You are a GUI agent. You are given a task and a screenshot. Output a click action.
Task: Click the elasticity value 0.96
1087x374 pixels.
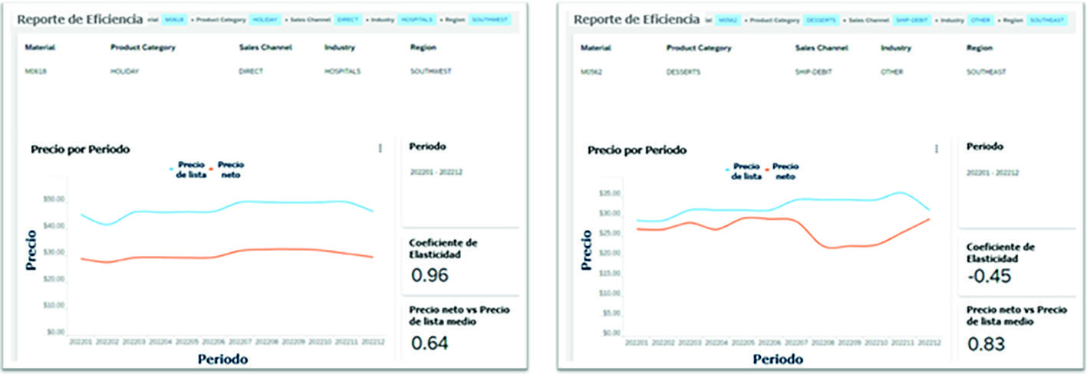pyautogui.click(x=430, y=275)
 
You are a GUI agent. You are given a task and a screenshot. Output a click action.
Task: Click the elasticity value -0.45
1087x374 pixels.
pyautogui.click(x=989, y=275)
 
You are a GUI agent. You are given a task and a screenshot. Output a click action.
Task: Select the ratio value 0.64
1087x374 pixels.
pyautogui.click(x=430, y=343)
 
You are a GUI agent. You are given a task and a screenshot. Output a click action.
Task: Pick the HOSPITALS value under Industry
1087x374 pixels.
pyautogui.click(x=342, y=72)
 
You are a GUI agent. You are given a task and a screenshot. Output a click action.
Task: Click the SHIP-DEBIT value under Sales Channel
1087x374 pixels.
pyautogui.click(x=812, y=72)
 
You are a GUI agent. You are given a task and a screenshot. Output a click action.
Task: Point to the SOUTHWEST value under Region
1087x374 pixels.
pyautogui.click(x=431, y=72)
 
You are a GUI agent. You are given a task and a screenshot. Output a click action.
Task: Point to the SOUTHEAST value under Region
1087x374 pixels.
pyautogui.click(x=987, y=72)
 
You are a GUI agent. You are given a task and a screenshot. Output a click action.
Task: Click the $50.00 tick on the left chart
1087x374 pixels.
pyautogui.click(x=54, y=199)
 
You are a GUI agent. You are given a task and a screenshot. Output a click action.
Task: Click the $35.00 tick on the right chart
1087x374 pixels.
pyautogui.click(x=611, y=193)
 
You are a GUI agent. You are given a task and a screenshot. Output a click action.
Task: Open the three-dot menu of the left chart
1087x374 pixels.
pyautogui.click(x=380, y=149)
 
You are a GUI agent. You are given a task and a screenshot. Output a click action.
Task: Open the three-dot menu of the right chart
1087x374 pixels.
pyautogui.click(x=937, y=149)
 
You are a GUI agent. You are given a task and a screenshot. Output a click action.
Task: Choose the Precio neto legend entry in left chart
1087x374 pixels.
pyautogui.click(x=231, y=169)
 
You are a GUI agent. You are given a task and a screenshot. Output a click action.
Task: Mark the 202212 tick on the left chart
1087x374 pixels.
pyautogui.click(x=373, y=343)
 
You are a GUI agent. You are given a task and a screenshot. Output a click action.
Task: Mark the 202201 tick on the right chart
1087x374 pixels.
pyautogui.click(x=638, y=343)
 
